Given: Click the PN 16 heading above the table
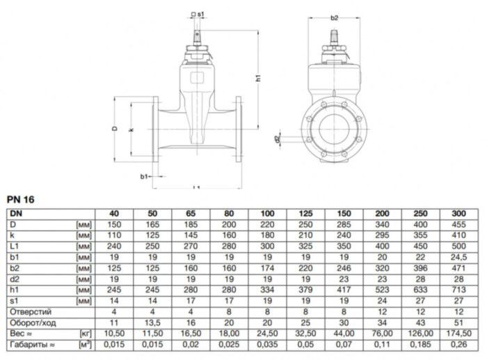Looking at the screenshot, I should (x=21, y=200).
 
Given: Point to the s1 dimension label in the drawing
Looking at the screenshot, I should (x=200, y=14).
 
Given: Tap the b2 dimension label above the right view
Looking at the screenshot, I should (x=334, y=17).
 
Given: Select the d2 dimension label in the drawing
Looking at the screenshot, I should (x=278, y=139).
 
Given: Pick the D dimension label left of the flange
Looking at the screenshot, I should (x=114, y=129).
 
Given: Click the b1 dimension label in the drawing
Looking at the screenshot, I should (x=143, y=177).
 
